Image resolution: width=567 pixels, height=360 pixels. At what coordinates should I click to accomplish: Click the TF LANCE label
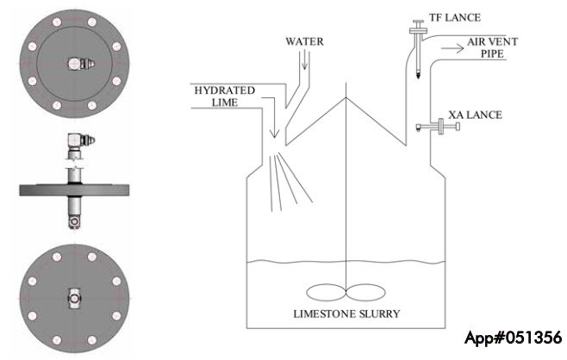pyautogui.click(x=455, y=18)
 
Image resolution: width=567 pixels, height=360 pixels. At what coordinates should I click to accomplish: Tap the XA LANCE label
pyautogui.click(x=475, y=115)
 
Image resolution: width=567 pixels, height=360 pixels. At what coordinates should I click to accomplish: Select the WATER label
pyautogui.click(x=304, y=41)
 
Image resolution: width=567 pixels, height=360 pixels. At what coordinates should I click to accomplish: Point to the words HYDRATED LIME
pyautogui.click(x=225, y=96)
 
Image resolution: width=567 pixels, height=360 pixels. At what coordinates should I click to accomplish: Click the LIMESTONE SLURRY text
pyautogui.click(x=346, y=313)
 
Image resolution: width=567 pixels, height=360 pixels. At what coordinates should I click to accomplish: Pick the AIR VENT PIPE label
pyautogui.click(x=492, y=47)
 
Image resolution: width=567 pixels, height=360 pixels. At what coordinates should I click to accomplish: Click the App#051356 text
pyautogui.click(x=514, y=338)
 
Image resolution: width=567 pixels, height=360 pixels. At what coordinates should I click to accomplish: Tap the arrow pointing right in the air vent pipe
pyautogui.click(x=452, y=48)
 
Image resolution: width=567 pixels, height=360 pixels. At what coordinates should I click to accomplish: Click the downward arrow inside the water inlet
pyautogui.click(x=304, y=59)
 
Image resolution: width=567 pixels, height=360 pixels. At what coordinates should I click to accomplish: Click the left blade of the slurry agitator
pyautogui.click(x=327, y=292)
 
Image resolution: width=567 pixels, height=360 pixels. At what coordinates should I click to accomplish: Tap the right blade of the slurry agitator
pyautogui.click(x=366, y=292)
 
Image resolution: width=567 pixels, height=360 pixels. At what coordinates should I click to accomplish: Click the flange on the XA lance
pyautogui.click(x=441, y=126)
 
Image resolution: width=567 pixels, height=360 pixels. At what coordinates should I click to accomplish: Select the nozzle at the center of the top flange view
pyautogui.click(x=81, y=64)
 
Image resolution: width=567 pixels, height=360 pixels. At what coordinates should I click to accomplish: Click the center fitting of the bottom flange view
pyautogui.click(x=74, y=299)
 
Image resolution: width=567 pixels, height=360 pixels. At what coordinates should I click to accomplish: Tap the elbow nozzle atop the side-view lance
pyautogui.click(x=81, y=140)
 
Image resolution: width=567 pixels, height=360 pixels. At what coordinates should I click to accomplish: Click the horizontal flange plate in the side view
pyautogui.click(x=74, y=190)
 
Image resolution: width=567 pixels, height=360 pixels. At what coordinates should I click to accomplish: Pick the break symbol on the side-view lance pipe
pyautogui.click(x=75, y=164)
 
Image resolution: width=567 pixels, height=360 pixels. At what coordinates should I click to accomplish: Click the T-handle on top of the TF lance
pyautogui.click(x=419, y=26)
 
